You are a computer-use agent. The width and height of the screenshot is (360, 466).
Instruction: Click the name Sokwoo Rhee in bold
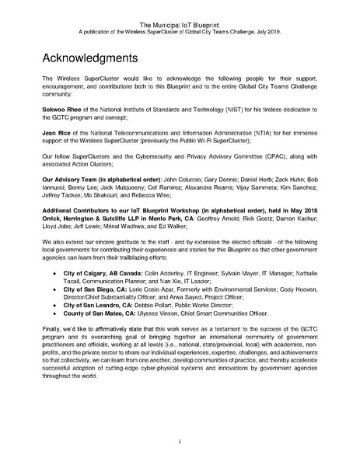coord(60,110)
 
